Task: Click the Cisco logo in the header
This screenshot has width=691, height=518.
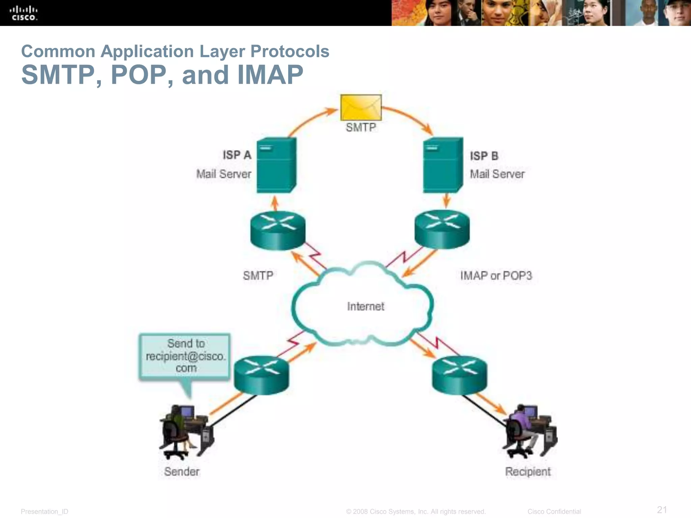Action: click(x=24, y=13)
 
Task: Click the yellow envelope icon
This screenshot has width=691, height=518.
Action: click(x=361, y=108)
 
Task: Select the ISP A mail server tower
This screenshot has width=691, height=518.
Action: click(x=276, y=165)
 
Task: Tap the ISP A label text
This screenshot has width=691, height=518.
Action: click(x=237, y=155)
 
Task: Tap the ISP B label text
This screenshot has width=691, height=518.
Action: click(x=484, y=156)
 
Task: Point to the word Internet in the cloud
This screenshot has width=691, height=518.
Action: click(x=365, y=306)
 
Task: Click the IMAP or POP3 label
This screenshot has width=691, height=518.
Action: click(x=496, y=276)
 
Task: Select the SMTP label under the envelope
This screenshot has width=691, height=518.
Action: click(x=361, y=127)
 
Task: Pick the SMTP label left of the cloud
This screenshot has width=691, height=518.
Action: click(x=258, y=276)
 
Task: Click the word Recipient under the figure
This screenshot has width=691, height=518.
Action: click(x=528, y=471)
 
